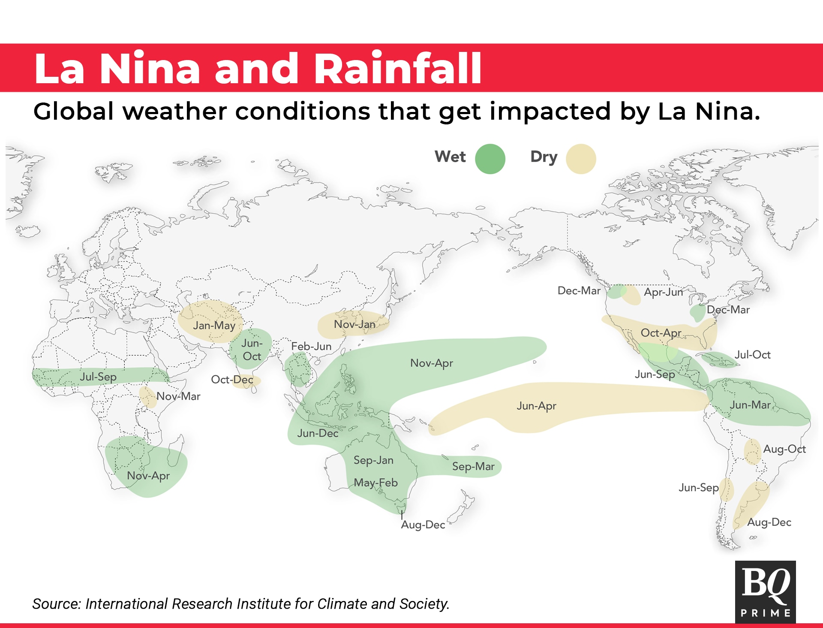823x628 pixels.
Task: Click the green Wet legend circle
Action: pyautogui.click(x=490, y=159)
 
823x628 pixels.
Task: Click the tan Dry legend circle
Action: pyautogui.click(x=581, y=159)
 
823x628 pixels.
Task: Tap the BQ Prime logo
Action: pyautogui.click(x=766, y=592)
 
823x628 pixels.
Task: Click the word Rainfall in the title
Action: pyautogui.click(x=398, y=69)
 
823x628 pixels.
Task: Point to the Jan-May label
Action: pyautogui.click(x=214, y=326)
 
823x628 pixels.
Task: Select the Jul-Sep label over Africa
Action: pyautogui.click(x=98, y=377)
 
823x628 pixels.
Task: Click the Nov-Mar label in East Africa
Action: pyautogui.click(x=178, y=396)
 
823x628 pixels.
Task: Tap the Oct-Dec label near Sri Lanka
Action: pyautogui.click(x=232, y=380)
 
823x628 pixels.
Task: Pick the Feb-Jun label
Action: pyautogui.click(x=311, y=346)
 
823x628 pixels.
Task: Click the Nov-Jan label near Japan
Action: pyautogui.click(x=354, y=324)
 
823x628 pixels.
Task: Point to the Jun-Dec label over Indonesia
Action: pyautogui.click(x=318, y=433)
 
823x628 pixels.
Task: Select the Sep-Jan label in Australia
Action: pyautogui.click(x=373, y=460)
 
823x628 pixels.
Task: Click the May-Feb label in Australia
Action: pyautogui.click(x=375, y=483)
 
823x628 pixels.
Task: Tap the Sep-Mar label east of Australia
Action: pyautogui.click(x=473, y=467)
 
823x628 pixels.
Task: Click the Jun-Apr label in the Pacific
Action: pyautogui.click(x=536, y=406)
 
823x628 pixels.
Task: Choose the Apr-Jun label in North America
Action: pyautogui.click(x=664, y=292)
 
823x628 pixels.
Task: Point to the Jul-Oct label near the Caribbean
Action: pyautogui.click(x=753, y=355)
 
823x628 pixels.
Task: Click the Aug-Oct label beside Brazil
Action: pyautogui.click(x=784, y=449)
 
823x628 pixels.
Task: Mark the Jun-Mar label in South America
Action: pyautogui.click(x=750, y=405)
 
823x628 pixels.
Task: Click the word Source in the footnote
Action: pyautogui.click(x=57, y=604)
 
